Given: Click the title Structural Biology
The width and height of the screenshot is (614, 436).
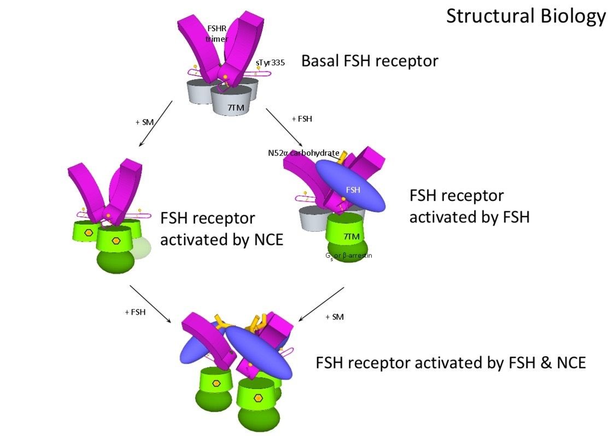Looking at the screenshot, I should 525,16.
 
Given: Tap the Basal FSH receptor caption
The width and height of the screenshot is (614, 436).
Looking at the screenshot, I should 370,61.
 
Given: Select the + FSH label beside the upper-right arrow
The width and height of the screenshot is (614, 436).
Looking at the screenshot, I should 302,119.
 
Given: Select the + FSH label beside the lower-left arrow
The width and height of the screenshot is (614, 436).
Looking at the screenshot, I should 135,312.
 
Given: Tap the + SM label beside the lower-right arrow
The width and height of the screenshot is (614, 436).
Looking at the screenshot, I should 334,316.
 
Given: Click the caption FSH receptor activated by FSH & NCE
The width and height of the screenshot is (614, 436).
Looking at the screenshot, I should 451,363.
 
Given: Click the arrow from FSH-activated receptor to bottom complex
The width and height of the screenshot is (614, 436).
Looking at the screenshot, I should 321,304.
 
